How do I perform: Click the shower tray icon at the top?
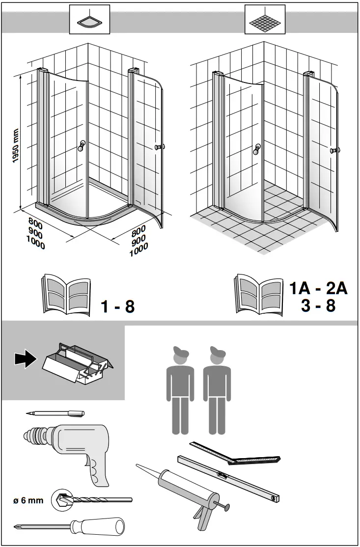pos(89,19)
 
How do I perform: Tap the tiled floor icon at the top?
pos(265,19)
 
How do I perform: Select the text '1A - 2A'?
pos(318,288)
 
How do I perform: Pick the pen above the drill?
pos(55,413)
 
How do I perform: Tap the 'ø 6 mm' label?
pos(28,501)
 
